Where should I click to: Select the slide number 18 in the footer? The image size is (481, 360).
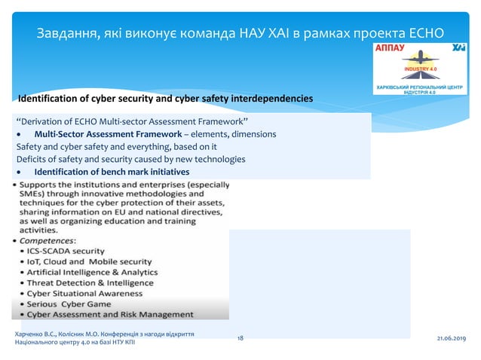pos(240,340)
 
